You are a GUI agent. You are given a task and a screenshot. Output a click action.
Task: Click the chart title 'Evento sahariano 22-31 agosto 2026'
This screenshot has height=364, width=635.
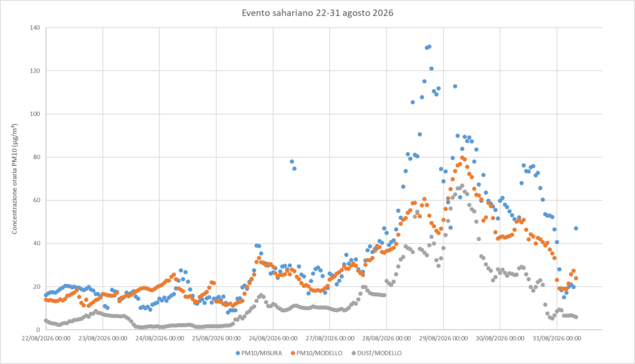[x=317, y=13]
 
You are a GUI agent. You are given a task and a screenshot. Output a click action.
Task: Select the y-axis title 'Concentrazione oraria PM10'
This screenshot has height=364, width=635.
[x=15, y=191]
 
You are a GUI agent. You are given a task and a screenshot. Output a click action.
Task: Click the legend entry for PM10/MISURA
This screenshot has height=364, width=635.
[x=259, y=353]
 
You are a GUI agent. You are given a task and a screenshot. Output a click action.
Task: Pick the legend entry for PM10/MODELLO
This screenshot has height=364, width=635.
[x=317, y=353]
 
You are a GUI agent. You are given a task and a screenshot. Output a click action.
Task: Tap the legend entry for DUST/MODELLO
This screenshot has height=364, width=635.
[x=376, y=353]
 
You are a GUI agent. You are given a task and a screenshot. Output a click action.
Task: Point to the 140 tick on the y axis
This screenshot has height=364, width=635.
[x=35, y=27]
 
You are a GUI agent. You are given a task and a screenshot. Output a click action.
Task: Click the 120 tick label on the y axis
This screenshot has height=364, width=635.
[x=35, y=71]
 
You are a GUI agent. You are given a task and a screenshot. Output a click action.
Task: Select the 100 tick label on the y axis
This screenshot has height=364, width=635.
[x=35, y=113]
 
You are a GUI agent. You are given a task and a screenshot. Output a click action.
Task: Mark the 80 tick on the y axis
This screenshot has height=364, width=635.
[x=37, y=157]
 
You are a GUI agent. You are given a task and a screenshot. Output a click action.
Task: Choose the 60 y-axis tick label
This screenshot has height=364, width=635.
[x=37, y=200]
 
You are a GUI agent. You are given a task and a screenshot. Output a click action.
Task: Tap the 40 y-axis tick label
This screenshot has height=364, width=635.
[x=37, y=243]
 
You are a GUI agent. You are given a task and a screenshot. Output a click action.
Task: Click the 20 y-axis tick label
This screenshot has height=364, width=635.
[x=37, y=286]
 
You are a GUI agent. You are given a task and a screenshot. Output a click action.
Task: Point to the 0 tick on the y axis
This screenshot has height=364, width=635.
[x=38, y=329]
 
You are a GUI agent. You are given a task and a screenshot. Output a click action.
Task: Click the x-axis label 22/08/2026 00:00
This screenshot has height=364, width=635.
[x=46, y=338]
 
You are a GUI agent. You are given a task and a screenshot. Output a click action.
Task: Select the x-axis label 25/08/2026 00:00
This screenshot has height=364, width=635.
[x=216, y=338]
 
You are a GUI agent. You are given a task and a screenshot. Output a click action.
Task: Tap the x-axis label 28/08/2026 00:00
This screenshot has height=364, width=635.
[x=386, y=338]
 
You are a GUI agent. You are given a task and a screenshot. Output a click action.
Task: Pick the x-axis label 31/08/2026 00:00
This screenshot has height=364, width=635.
[x=556, y=338]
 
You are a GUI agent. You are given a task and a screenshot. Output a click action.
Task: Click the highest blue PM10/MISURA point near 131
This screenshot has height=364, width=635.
[x=429, y=47]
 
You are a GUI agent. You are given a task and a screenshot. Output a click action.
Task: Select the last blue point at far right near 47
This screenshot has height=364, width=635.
[x=575, y=228]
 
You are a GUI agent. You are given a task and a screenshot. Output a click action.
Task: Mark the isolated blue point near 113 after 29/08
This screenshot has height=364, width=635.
[x=455, y=86]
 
